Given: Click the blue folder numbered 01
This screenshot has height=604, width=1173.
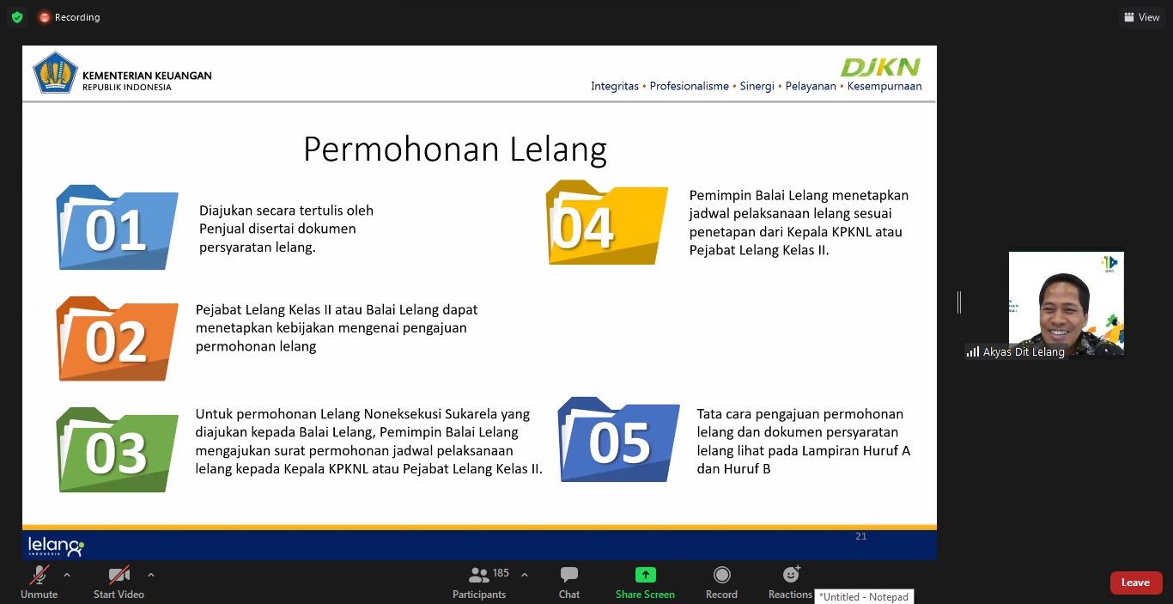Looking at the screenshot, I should pyautogui.click(x=117, y=229).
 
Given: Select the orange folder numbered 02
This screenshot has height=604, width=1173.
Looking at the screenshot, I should pyautogui.click(x=117, y=340).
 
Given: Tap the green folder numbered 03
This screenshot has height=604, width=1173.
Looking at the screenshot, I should pyautogui.click(x=117, y=451).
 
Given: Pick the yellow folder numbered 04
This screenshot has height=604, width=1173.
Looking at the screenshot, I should pyautogui.click(x=606, y=223).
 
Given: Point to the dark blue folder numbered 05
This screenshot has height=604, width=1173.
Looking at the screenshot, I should pyautogui.click(x=618, y=441).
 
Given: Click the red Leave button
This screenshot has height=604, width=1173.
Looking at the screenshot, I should pyautogui.click(x=1135, y=583).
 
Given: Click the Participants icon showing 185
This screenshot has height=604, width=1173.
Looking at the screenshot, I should pyautogui.click(x=479, y=575).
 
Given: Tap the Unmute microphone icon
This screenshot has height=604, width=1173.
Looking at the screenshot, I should pyautogui.click(x=40, y=575).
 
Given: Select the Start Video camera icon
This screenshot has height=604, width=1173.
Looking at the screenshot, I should pyautogui.click(x=119, y=575).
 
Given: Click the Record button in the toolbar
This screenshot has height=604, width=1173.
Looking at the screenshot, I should pyautogui.click(x=721, y=575).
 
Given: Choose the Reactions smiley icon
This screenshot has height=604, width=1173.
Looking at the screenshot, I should pyautogui.click(x=791, y=574).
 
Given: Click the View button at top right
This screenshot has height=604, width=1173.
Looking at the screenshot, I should pyautogui.click(x=1141, y=17).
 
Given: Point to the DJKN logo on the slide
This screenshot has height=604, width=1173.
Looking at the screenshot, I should pyautogui.click(x=880, y=67).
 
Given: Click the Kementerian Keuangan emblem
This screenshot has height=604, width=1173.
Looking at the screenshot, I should pyautogui.click(x=55, y=72).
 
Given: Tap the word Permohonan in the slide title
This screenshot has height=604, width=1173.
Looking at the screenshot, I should pyautogui.click(x=401, y=149).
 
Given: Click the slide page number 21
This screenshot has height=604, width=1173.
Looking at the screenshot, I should pyautogui.click(x=861, y=536).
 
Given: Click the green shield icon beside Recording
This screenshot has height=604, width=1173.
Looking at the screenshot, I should pyautogui.click(x=17, y=17).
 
